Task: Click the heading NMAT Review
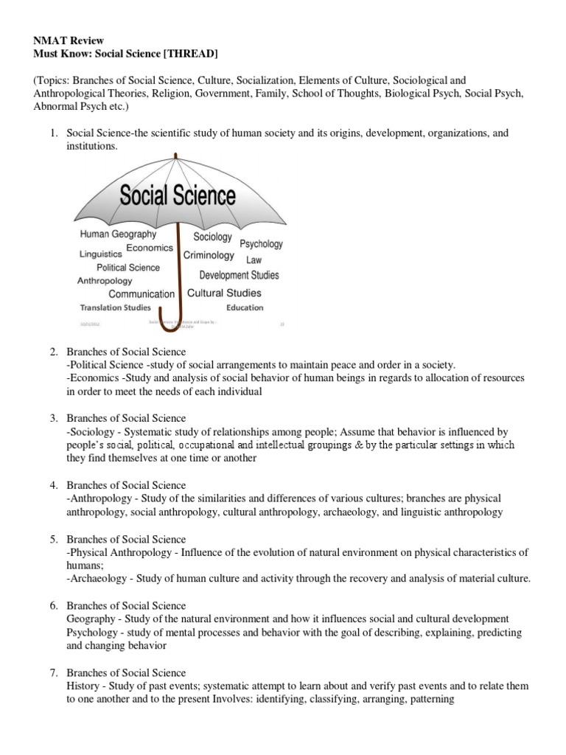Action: [67, 40]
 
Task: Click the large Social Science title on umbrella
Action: [178, 196]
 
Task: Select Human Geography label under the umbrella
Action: [118, 234]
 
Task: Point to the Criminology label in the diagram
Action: [209, 256]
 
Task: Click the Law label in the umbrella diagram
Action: [254, 260]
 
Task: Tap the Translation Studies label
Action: [116, 307]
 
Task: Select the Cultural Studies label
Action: [224, 293]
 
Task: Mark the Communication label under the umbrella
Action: [141, 294]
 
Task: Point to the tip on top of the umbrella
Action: [176, 154]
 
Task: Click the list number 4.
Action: [54, 485]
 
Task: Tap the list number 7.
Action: [54, 673]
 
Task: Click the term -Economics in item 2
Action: [88, 377]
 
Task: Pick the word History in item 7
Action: [82, 686]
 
